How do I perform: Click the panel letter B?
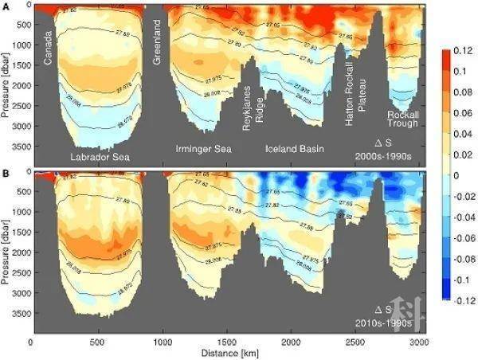[x=6, y=172]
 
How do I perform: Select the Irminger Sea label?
[x=204, y=149]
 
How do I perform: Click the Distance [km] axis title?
[x=227, y=352]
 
